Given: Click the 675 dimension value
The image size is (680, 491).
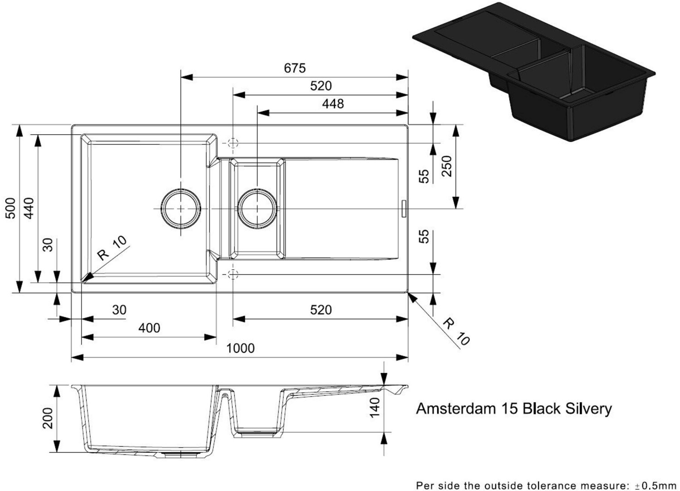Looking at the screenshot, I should pos(295,68).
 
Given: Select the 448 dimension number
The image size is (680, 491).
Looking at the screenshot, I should pos(333,104).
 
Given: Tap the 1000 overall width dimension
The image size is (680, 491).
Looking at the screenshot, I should pos(240,348).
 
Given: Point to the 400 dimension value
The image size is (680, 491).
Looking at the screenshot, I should pos(149,328).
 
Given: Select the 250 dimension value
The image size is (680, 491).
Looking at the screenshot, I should pos(447,166).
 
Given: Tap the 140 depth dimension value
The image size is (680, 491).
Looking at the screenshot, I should pos(374,407).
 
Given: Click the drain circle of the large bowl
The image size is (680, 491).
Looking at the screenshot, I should pos(181,209).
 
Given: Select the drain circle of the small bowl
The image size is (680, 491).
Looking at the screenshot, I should pos(257,209).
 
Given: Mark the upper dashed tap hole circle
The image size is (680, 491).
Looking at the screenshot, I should pos(233,143).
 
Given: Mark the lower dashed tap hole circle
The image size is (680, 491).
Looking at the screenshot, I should pos(233,274).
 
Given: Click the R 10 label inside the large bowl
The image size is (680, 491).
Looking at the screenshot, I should pos(112,248).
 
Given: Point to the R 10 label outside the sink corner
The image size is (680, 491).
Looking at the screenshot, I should pos(456,332).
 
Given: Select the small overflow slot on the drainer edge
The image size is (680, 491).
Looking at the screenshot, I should pos(403,209).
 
